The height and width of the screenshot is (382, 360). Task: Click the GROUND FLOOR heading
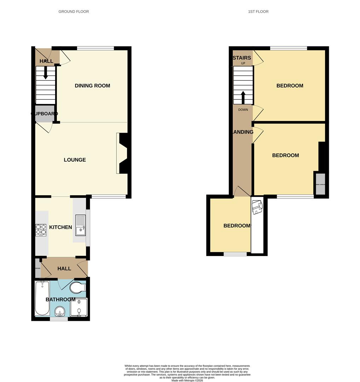tap(74, 12)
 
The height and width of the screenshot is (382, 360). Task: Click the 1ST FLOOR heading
tap(258, 12)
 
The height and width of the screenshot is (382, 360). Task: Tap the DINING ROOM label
tap(92, 86)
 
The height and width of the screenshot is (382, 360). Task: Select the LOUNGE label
tap(75, 160)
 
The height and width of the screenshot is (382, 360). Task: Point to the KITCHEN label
tap(60, 227)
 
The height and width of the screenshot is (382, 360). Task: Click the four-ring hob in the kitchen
tap(41, 230)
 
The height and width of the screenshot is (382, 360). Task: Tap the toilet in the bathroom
tap(77, 288)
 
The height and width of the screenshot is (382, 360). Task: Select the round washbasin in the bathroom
tap(60, 312)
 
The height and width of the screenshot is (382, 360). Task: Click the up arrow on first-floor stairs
tap(243, 97)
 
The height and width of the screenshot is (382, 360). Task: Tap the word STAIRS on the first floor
tap(242, 58)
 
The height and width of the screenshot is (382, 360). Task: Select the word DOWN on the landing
tap(243, 110)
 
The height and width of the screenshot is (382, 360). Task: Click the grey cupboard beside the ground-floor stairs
tap(45, 114)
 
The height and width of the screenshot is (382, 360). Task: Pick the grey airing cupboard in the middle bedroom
tap(320, 184)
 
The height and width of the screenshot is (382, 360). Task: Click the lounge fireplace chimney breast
tap(124, 154)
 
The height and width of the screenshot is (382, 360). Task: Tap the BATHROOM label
tap(60, 300)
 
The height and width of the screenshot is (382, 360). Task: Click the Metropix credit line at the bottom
tap(187, 380)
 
